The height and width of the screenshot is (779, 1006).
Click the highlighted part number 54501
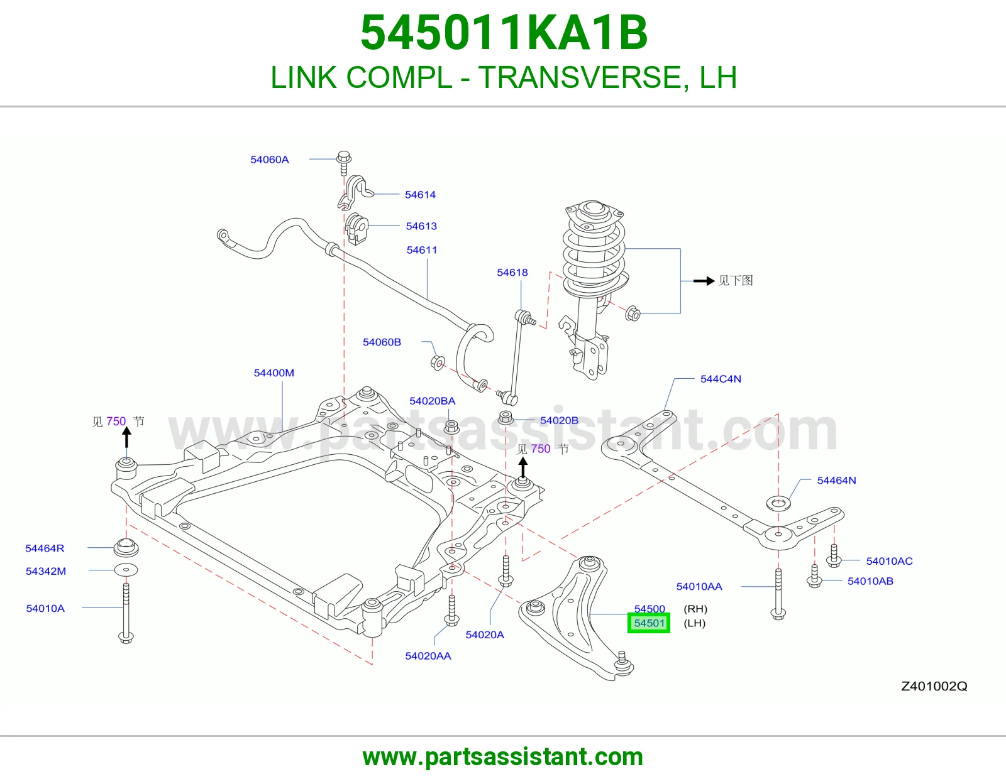pos(649,623)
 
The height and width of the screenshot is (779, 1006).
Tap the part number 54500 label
pos(649,608)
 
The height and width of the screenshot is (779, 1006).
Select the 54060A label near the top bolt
pos(270,160)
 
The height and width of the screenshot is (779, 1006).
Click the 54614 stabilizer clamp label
pos(420,195)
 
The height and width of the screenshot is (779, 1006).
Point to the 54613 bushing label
pos(421,226)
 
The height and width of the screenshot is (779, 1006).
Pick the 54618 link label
pos(512,273)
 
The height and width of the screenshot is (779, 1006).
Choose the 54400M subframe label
pos(274,373)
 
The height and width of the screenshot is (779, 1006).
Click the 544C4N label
pos(721,379)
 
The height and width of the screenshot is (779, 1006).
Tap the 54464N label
pos(836,480)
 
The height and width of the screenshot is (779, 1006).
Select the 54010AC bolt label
pos(889,561)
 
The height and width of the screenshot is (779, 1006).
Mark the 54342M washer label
pos(45,571)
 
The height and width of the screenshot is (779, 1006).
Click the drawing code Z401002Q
pos(934,686)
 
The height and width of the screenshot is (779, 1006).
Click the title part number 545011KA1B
pos(504,33)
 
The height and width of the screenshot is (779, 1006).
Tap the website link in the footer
pos(503,757)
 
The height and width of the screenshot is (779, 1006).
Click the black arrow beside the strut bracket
pos(704,281)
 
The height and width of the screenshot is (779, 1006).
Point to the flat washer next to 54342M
pos(126,570)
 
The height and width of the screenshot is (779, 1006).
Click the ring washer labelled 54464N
pos(778,503)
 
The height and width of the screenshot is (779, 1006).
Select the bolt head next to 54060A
pos(343,157)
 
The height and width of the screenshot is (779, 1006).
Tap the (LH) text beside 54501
pos(694,623)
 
